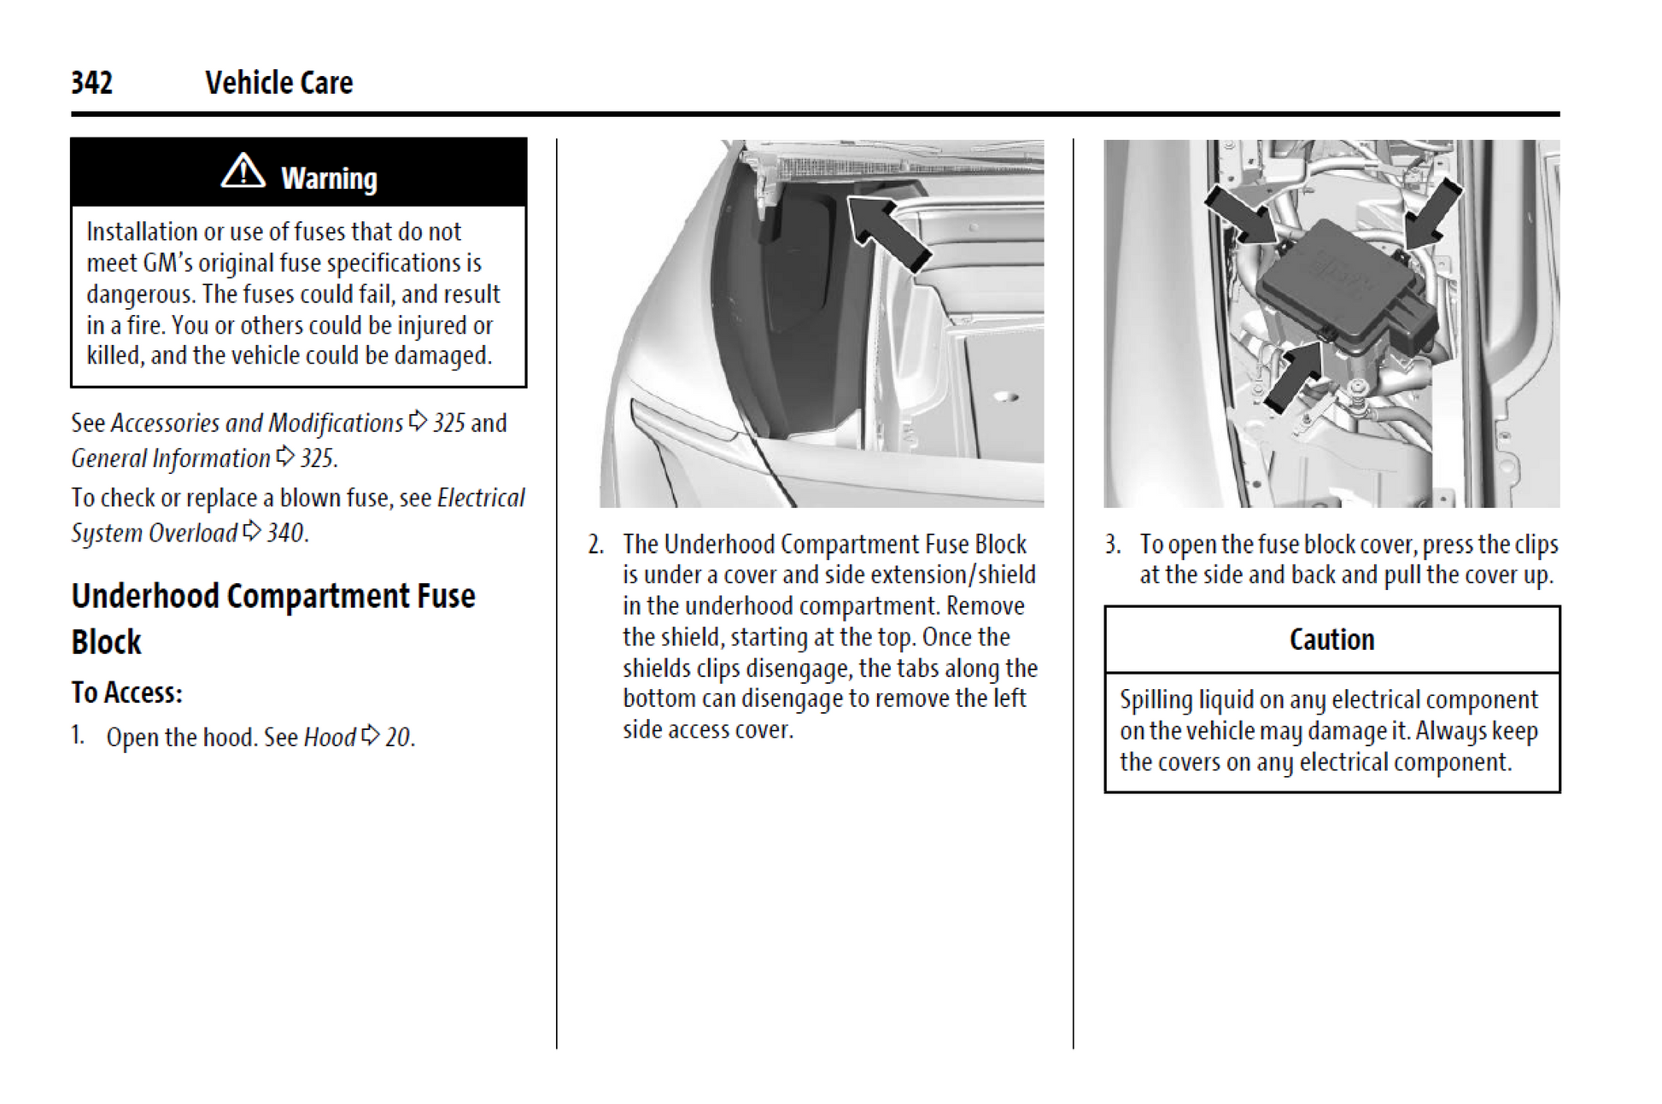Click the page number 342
91,83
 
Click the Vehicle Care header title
278,83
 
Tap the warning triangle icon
243,171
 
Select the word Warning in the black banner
329,178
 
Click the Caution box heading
1331,640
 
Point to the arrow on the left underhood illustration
888,231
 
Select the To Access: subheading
126,692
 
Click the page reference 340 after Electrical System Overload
285,533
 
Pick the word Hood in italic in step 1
330,737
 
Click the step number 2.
595,544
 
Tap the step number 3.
1112,544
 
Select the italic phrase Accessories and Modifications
256,423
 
